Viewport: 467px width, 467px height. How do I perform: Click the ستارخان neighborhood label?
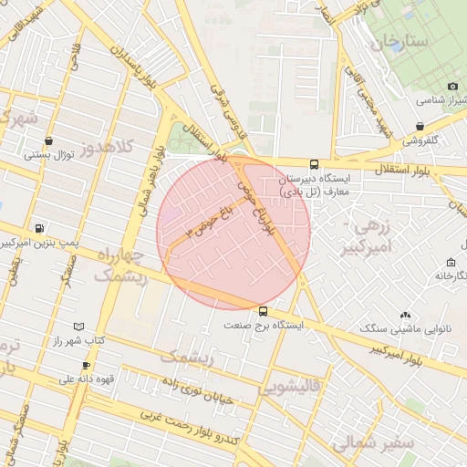(x=400, y=42)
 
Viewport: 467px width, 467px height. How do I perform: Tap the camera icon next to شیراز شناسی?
(x=453, y=86)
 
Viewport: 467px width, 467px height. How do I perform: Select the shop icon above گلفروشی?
(x=419, y=127)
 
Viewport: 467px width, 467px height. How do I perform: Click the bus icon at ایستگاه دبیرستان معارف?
(x=315, y=165)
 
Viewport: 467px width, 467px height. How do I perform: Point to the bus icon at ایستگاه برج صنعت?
(x=264, y=311)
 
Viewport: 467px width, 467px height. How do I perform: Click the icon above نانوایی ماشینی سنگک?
(x=405, y=315)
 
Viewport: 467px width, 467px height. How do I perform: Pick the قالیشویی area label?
(x=291, y=387)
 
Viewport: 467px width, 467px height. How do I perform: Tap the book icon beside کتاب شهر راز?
(x=78, y=327)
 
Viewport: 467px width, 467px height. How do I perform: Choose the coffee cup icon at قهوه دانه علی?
(x=86, y=366)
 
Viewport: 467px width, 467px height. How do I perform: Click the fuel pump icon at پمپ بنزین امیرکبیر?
(x=38, y=228)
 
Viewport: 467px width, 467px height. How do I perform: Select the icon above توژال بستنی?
(x=47, y=141)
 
